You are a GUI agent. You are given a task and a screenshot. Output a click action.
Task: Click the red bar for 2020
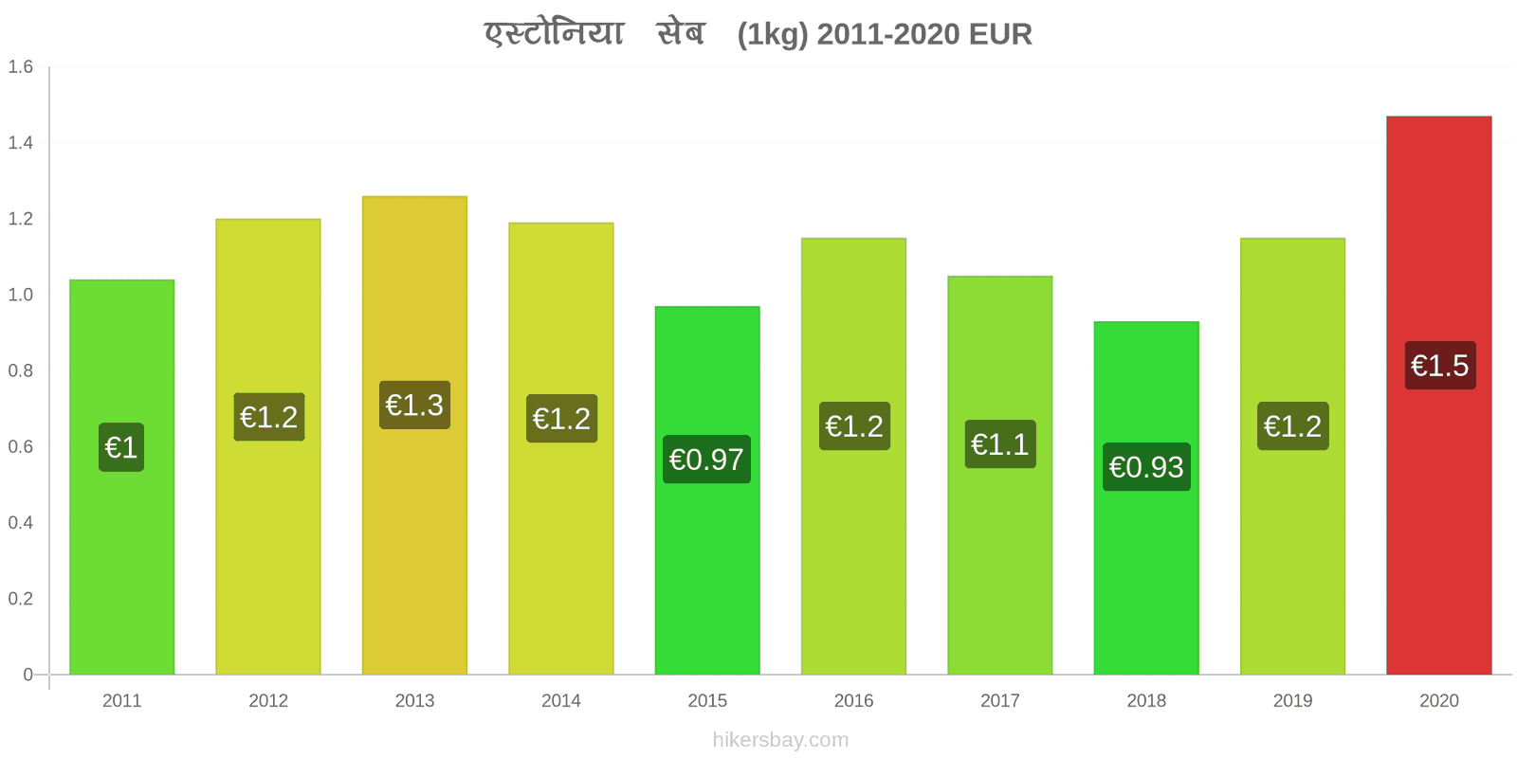click(x=1438, y=395)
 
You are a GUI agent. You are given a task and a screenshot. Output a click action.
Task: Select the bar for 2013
click(x=414, y=435)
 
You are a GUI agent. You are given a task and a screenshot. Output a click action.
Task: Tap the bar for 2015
click(x=707, y=491)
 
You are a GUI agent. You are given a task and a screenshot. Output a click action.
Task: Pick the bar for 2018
click(x=1146, y=498)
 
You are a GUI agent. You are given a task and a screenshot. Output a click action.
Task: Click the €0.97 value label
click(x=706, y=460)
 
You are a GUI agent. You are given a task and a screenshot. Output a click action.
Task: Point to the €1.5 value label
click(x=1440, y=366)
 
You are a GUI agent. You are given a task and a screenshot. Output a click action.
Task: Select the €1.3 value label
click(x=414, y=405)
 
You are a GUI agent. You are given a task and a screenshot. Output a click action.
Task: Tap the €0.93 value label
click(x=1146, y=467)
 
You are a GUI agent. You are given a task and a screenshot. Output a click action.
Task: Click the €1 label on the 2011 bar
click(x=121, y=447)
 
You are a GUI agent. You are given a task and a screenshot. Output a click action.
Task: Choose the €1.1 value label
click(x=1000, y=444)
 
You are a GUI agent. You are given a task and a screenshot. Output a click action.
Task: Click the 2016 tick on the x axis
click(x=853, y=700)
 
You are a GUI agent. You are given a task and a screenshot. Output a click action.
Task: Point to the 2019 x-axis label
click(x=1292, y=700)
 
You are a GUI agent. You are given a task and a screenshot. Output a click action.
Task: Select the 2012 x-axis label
click(x=268, y=700)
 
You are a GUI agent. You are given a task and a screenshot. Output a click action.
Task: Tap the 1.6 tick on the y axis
click(x=20, y=66)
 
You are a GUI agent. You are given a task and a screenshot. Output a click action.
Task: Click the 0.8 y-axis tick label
click(x=20, y=370)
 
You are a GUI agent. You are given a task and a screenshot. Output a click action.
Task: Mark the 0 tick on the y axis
click(x=27, y=674)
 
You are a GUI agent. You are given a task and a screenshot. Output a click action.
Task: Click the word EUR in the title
click(x=1000, y=34)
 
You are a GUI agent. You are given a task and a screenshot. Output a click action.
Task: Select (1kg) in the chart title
click(x=773, y=35)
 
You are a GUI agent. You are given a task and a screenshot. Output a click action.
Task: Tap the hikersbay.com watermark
click(x=780, y=740)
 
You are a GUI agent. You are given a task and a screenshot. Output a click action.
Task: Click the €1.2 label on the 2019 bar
click(x=1293, y=426)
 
